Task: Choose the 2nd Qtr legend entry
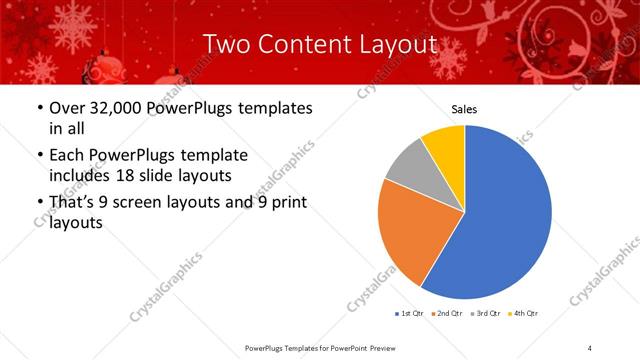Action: tap(449, 314)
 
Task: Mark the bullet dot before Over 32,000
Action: tap(39, 107)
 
